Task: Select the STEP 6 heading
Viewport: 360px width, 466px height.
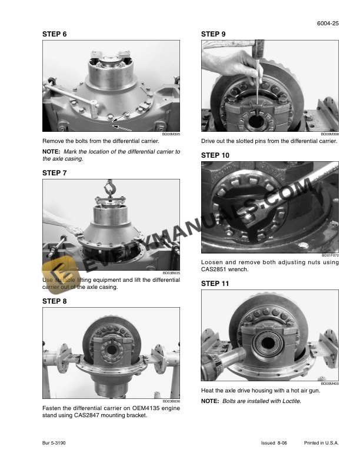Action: pos(55,35)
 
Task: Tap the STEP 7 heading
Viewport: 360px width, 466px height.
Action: pos(55,173)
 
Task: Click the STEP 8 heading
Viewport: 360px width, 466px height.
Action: pos(55,301)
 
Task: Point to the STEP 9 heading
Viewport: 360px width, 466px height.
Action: pos(214,35)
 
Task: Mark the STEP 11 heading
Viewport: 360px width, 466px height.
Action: pos(215,284)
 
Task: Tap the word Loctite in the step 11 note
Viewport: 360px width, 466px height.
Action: pos(289,401)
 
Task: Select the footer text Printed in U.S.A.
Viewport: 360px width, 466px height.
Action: pos(321,442)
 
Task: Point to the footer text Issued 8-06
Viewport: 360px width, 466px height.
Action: pos(274,442)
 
